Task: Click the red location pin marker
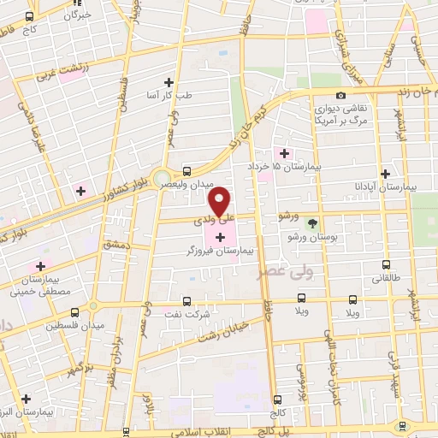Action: (x=220, y=201)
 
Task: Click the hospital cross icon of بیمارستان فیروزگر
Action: (x=221, y=235)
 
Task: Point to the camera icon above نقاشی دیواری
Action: (x=340, y=95)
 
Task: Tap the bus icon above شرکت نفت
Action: (x=186, y=297)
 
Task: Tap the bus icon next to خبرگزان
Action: (x=30, y=15)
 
